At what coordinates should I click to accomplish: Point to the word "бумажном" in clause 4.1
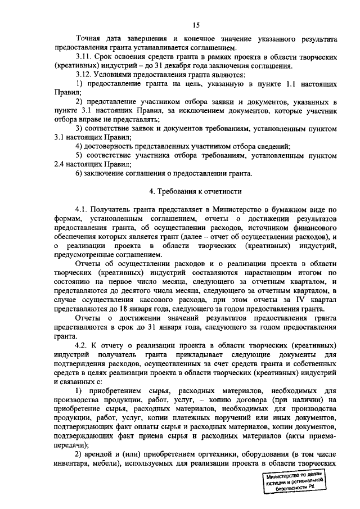[x=286, y=209]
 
